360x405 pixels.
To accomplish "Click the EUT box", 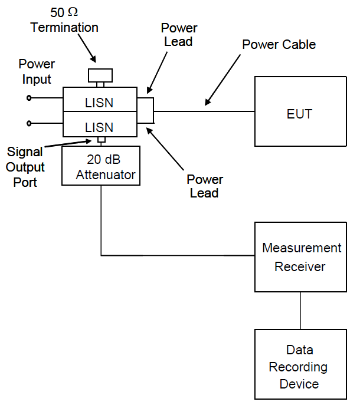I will click(x=300, y=111).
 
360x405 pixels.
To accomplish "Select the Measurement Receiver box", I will click(x=300, y=257).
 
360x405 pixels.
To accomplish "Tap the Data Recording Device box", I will click(x=300, y=366).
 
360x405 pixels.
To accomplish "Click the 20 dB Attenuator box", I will click(x=101, y=166).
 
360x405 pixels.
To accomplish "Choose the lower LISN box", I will click(x=99, y=126).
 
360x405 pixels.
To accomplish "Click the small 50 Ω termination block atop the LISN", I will click(x=100, y=75).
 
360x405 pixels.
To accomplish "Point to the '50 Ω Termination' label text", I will click(x=64, y=21).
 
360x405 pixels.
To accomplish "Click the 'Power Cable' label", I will click(x=280, y=45).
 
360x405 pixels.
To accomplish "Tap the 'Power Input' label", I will click(x=37, y=71).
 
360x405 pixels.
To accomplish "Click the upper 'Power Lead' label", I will click(x=179, y=35).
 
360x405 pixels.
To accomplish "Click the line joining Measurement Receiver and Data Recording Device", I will click(x=300, y=310).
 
